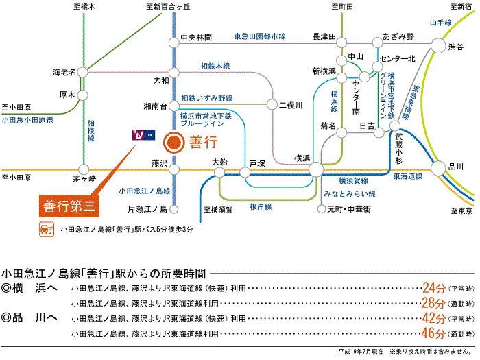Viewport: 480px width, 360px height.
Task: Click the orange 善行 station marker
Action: click(174, 143)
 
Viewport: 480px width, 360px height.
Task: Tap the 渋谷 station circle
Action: click(438, 46)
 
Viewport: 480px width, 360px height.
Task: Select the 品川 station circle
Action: click(438, 169)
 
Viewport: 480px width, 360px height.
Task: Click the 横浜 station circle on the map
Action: click(316, 169)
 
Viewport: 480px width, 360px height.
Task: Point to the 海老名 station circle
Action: click(83, 72)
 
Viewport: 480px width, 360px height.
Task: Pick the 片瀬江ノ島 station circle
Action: click(174, 209)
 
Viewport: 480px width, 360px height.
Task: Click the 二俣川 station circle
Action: click(272, 105)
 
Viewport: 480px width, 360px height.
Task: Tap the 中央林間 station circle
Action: click(174, 43)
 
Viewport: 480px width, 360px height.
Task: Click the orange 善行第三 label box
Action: click(69, 206)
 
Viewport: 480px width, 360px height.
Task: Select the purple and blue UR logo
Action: click(143, 135)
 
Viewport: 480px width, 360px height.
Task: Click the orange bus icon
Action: click(47, 229)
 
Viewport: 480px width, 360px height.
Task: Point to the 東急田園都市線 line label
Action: click(260, 36)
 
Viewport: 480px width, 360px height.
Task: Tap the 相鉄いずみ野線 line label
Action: click(207, 98)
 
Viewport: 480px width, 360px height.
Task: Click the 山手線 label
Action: click(440, 23)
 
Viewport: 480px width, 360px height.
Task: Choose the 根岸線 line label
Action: click(261, 207)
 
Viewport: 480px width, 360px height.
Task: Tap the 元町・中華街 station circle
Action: click(322, 209)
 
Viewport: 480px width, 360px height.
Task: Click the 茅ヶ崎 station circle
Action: click(84, 169)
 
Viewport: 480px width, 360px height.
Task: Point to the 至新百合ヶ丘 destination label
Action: click(168, 7)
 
